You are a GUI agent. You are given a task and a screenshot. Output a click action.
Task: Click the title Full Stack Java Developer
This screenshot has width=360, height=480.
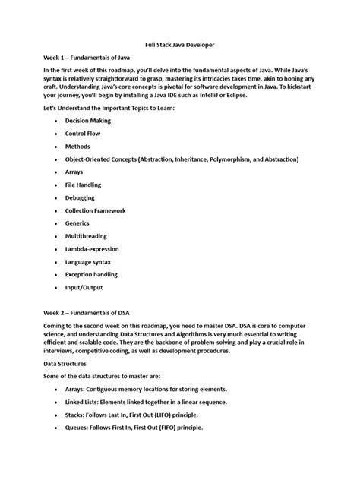tap(180, 45)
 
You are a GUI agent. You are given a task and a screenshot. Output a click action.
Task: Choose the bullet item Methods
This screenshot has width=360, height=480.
tap(78, 146)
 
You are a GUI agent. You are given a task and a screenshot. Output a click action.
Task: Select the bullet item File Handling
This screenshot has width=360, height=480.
tap(84, 185)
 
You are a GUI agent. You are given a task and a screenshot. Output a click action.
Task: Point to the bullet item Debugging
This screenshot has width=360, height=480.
tap(81, 197)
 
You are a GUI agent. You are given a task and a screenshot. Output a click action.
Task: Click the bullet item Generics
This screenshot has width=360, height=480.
tap(78, 223)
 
